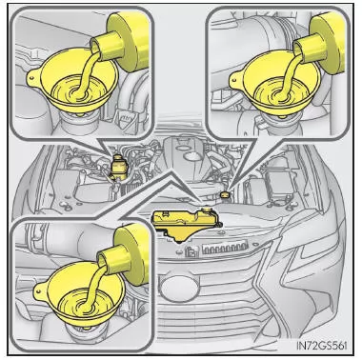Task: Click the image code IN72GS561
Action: pyautogui.click(x=321, y=345)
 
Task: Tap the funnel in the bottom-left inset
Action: pyautogui.click(x=78, y=297)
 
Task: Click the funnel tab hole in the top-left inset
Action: pyautogui.click(x=31, y=75)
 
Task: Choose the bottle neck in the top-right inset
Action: pyautogui.click(x=309, y=50)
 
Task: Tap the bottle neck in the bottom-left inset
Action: pyautogui.click(x=113, y=259)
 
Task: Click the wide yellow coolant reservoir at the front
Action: pyautogui.click(x=187, y=224)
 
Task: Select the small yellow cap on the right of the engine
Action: pyautogui.click(x=225, y=194)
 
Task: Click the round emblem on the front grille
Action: pyautogui.click(x=176, y=287)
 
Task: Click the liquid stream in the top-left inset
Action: pyautogui.click(x=85, y=73)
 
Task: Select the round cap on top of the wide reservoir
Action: pyautogui.click(x=207, y=210)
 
